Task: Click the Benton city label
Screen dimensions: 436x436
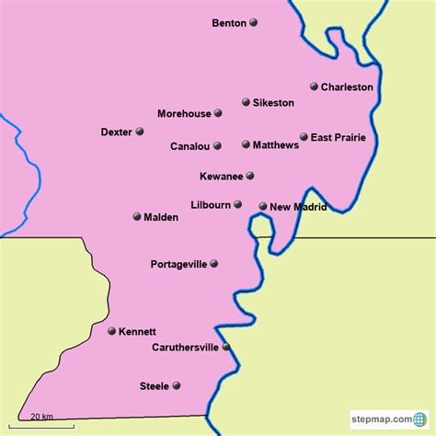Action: [x=229, y=23]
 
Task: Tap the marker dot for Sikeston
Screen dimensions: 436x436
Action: [x=246, y=102]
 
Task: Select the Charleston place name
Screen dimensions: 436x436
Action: [x=347, y=87]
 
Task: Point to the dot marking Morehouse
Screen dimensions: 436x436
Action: [x=218, y=114]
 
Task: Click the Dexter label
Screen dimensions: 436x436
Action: [x=116, y=132]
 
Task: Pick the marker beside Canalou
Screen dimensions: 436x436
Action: [x=217, y=145]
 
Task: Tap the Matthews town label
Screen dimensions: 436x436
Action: [x=276, y=144]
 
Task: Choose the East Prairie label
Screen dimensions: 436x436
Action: [x=338, y=138]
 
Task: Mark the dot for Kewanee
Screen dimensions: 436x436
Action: [x=249, y=176]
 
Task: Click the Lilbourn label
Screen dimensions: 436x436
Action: [x=210, y=205]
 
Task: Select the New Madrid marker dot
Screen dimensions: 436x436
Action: [x=262, y=207]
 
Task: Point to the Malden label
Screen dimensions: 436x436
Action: [x=162, y=218]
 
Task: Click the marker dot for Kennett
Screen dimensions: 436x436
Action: [x=111, y=331]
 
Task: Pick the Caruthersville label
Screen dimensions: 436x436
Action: [x=186, y=348]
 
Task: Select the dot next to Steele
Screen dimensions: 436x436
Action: [x=177, y=385]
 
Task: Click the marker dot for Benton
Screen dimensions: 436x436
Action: [x=253, y=23]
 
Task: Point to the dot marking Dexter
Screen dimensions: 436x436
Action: [x=140, y=132]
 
